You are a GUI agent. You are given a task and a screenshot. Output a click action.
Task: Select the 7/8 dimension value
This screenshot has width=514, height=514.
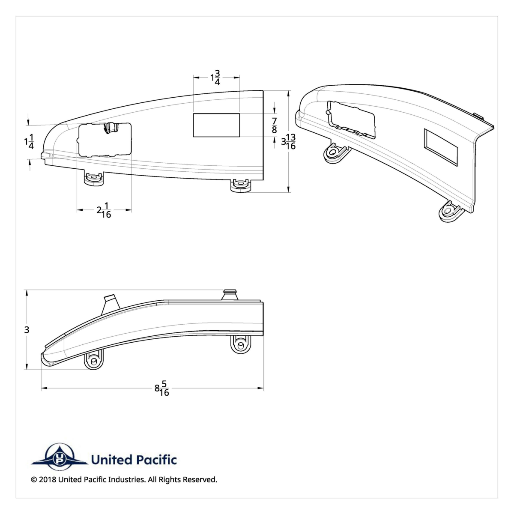274,125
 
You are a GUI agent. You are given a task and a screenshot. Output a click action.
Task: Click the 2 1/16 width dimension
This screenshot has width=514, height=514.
104,210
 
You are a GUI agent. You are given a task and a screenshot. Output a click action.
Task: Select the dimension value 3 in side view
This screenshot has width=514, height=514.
27,330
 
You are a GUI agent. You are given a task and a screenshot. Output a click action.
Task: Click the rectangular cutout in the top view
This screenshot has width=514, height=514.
216,125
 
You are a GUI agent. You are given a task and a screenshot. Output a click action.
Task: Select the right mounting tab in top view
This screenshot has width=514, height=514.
241,185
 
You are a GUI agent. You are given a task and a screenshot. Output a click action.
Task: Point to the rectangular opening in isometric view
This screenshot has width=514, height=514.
441,148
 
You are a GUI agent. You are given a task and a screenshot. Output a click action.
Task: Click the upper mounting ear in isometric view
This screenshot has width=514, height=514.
335,153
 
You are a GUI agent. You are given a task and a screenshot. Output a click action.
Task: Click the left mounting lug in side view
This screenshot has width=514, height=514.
94,359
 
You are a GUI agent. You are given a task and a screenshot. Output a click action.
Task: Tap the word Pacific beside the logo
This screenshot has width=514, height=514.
156,460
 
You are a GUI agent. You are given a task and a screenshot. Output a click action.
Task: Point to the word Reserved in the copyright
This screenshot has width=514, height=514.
200,480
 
